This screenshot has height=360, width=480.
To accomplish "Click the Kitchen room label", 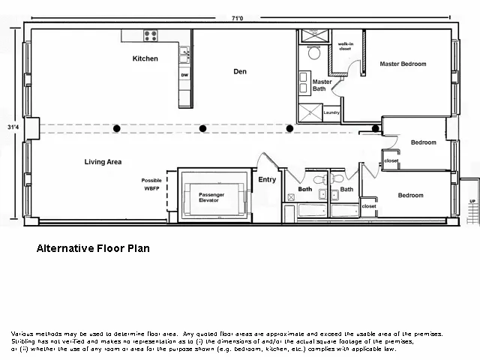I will click(145, 58).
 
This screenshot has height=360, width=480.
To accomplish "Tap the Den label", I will click(240, 72).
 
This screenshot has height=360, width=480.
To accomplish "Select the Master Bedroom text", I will click(403, 64).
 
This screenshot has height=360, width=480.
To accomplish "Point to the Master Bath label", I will click(322, 85).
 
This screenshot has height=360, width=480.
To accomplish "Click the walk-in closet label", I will click(346, 47).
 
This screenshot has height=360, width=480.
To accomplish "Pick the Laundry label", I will click(331, 113).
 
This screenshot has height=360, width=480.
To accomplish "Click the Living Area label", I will click(103, 161).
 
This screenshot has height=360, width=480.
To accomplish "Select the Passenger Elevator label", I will click(211, 198).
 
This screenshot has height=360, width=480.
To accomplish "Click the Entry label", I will click(267, 179).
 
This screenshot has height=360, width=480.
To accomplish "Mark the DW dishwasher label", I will click(184, 75).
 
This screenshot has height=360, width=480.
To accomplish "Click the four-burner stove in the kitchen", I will click(151, 34).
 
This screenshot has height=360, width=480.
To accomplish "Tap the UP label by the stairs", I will click(472, 202).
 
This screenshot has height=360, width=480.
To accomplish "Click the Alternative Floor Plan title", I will click(97, 247).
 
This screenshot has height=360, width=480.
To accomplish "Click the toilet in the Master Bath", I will click(314, 52).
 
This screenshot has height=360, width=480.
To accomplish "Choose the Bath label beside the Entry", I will click(304, 190).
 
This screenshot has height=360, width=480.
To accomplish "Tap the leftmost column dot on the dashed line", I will click(116, 129).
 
